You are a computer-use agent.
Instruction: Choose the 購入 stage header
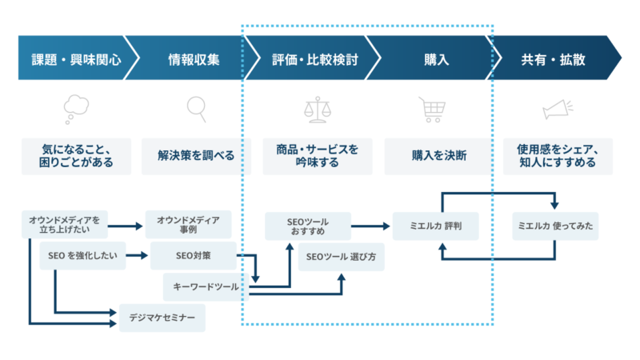(x=436, y=58)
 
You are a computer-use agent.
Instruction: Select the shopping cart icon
(x=432, y=108)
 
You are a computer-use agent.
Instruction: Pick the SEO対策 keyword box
(x=192, y=256)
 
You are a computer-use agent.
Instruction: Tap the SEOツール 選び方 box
(x=342, y=258)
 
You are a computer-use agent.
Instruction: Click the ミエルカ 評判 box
(x=437, y=226)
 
